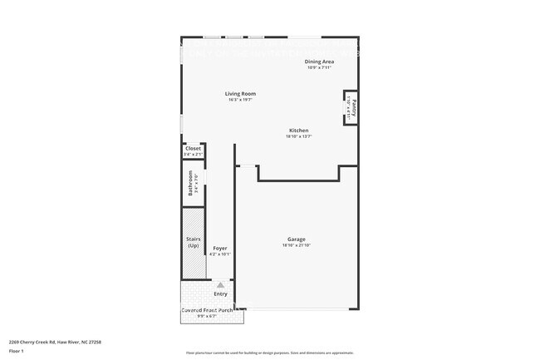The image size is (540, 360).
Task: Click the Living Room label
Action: click(240, 94)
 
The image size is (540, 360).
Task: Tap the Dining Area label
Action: click(318, 62)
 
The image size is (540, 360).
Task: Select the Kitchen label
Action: click(298, 131)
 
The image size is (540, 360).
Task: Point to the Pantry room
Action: click(351, 106)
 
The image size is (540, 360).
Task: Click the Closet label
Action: click(193, 148)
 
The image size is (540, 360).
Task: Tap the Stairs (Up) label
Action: click(193, 243)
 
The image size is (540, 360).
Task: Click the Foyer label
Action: click(220, 248)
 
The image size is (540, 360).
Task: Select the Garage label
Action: click(297, 239)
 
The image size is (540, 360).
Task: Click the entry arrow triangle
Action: click(220, 284)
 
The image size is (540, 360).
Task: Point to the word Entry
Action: click(220, 293)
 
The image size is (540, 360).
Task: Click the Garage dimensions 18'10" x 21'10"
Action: click(297, 245)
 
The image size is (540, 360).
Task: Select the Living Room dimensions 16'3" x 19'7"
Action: click(240, 100)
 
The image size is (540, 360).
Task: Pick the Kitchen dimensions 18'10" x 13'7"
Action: click(298, 136)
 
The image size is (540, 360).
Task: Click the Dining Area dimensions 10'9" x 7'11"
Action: click(318, 67)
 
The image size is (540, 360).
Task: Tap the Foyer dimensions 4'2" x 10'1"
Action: click(220, 254)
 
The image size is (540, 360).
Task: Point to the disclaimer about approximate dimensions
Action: click(270, 353)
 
